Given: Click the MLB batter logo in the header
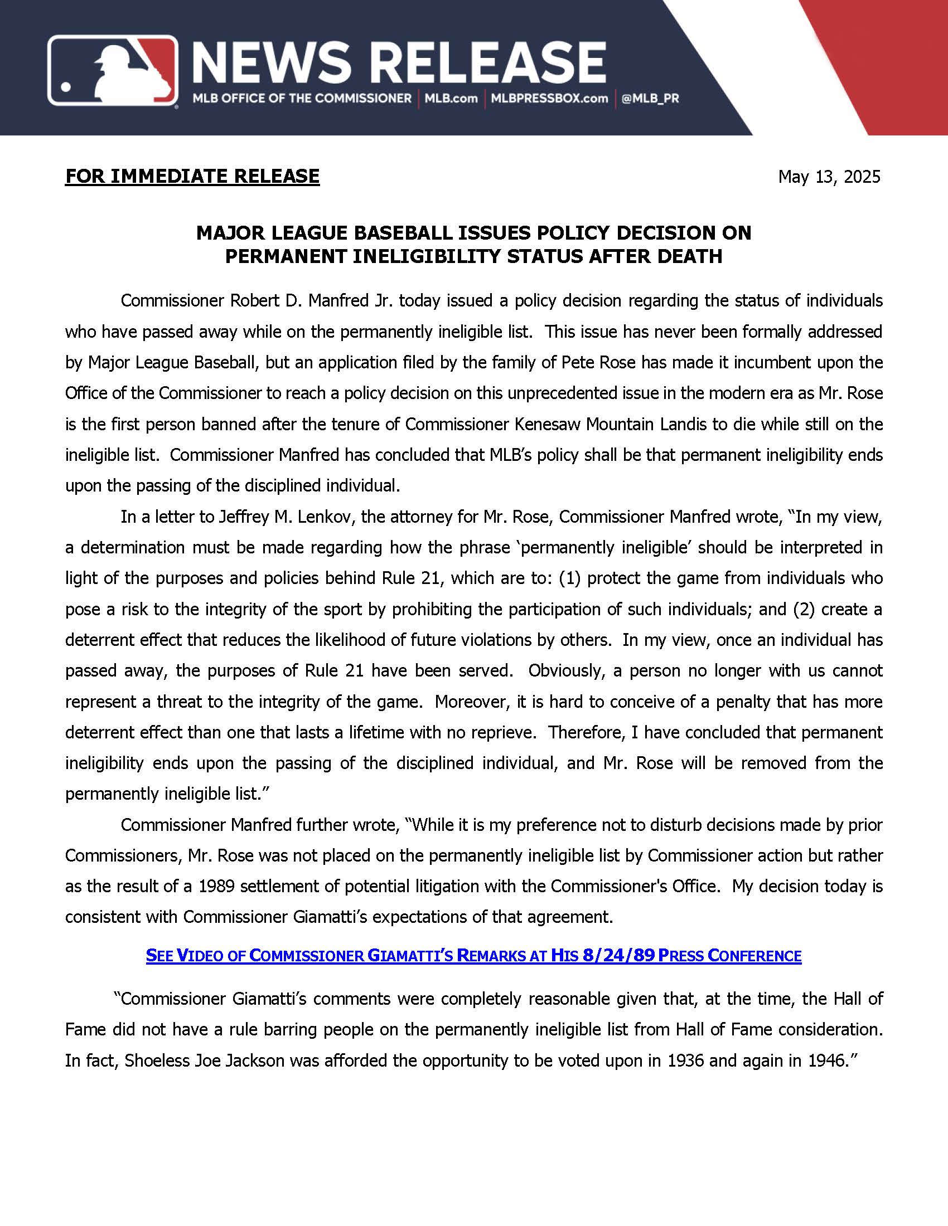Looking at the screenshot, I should [x=112, y=71].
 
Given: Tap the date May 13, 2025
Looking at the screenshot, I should [x=829, y=177].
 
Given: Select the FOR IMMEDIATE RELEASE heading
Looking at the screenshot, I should [x=192, y=176].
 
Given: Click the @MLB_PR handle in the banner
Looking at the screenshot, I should [x=650, y=99].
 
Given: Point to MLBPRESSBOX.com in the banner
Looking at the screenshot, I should [x=549, y=99].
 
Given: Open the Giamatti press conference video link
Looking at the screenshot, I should [x=473, y=955].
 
